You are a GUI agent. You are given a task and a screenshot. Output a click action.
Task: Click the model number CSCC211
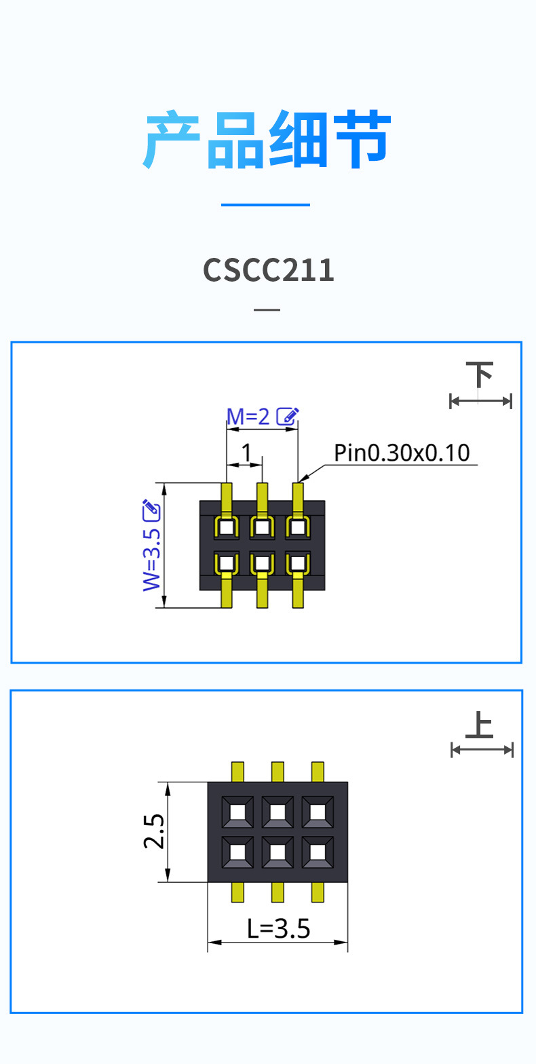pos(268,270)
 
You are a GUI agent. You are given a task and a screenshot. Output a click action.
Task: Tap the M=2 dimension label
pos(248,417)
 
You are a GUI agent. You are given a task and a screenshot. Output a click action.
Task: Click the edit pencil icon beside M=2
pos(288,416)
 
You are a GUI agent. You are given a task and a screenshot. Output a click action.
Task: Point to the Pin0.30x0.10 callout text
pos(402,453)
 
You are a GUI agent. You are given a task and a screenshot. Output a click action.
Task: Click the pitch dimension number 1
pos(246,452)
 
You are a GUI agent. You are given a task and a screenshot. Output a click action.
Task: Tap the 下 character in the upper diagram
pos(480,375)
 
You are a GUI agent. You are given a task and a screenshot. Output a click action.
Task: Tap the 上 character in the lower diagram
pos(480,725)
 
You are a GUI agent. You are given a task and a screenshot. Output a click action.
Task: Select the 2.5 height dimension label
pos(154,831)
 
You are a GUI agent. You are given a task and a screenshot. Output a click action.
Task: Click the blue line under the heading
pos(265,205)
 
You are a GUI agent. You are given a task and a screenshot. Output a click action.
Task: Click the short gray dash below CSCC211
pos(267,309)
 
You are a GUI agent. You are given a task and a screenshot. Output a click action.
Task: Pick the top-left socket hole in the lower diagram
pos(237,812)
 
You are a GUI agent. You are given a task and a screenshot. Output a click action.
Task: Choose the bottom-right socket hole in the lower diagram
pos(318,852)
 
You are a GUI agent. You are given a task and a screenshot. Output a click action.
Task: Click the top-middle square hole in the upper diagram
pos(262,527)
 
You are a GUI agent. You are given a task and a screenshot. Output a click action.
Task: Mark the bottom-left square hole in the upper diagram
pos(227,563)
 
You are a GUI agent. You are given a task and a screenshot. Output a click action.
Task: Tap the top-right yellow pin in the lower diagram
pos(318,772)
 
